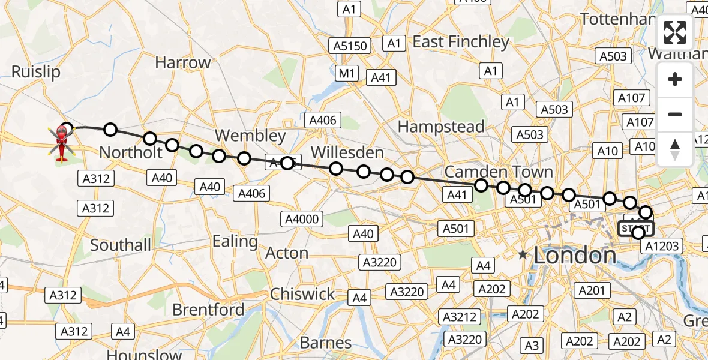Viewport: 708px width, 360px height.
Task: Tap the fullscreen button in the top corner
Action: [675, 32]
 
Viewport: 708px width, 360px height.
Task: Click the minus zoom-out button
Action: [675, 114]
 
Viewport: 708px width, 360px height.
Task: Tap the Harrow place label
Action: [183, 62]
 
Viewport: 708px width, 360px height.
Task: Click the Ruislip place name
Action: [36, 72]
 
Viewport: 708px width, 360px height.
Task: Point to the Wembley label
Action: [251, 135]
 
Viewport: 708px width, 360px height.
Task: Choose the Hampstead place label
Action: [441, 127]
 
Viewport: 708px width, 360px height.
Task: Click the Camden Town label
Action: [499, 172]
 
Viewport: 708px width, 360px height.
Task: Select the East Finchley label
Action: [461, 42]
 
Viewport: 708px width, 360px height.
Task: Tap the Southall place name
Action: [121, 245]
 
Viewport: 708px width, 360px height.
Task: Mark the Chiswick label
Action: [303, 294]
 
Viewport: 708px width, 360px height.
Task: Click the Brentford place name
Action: [208, 310]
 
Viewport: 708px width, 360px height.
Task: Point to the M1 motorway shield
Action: [347, 74]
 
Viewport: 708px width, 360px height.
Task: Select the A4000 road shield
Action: [302, 220]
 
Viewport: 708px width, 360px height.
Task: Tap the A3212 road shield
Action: [459, 316]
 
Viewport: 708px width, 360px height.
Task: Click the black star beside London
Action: [523, 255]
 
